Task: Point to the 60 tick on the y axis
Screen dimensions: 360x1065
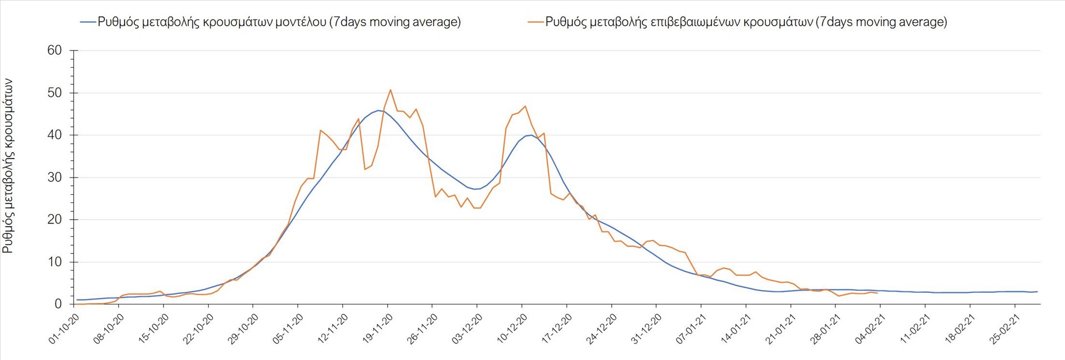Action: coord(55,50)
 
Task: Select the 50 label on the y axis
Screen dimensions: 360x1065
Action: coord(55,93)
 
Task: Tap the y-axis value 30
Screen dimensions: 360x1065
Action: coord(55,178)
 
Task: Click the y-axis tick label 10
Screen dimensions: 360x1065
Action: coord(55,262)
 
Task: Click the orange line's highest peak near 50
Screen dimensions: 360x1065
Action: coord(390,90)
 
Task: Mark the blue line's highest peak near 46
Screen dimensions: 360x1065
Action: coord(378,110)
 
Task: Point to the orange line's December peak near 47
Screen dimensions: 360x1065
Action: coord(525,107)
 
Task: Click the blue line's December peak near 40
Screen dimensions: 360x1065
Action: coord(531,135)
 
